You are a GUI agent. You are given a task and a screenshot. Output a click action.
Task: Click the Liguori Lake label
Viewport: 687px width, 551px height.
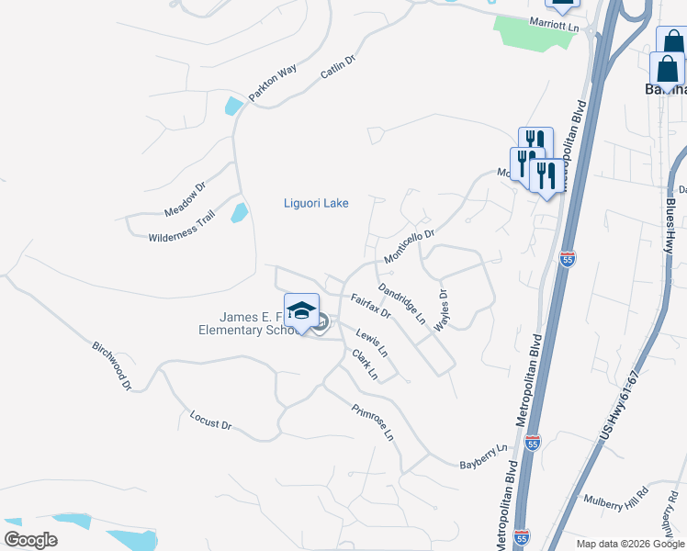(315, 203)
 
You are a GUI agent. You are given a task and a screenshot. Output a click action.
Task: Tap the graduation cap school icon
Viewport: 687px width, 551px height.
(301, 310)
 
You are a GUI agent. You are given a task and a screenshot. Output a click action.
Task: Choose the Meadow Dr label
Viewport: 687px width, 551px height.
(186, 199)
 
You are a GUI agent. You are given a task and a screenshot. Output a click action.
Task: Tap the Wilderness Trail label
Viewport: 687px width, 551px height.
(181, 226)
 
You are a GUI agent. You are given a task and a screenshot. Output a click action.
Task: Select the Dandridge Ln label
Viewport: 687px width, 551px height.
(402, 302)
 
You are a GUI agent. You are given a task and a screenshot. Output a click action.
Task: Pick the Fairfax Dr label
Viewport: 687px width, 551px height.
(371, 307)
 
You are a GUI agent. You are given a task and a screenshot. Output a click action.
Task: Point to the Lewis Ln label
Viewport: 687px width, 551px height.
(372, 344)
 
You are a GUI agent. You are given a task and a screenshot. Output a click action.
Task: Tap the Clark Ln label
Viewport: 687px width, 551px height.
(365, 365)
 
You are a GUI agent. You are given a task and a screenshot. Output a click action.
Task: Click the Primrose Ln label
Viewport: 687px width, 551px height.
(373, 422)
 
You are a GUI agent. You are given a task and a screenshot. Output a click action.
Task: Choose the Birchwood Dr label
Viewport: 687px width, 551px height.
(112, 366)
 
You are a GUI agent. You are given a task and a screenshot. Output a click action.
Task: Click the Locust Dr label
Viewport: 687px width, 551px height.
(210, 421)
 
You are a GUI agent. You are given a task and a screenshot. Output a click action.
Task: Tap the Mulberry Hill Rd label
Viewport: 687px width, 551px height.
(616, 495)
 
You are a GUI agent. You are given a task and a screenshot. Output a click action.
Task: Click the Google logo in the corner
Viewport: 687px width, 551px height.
(30, 540)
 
